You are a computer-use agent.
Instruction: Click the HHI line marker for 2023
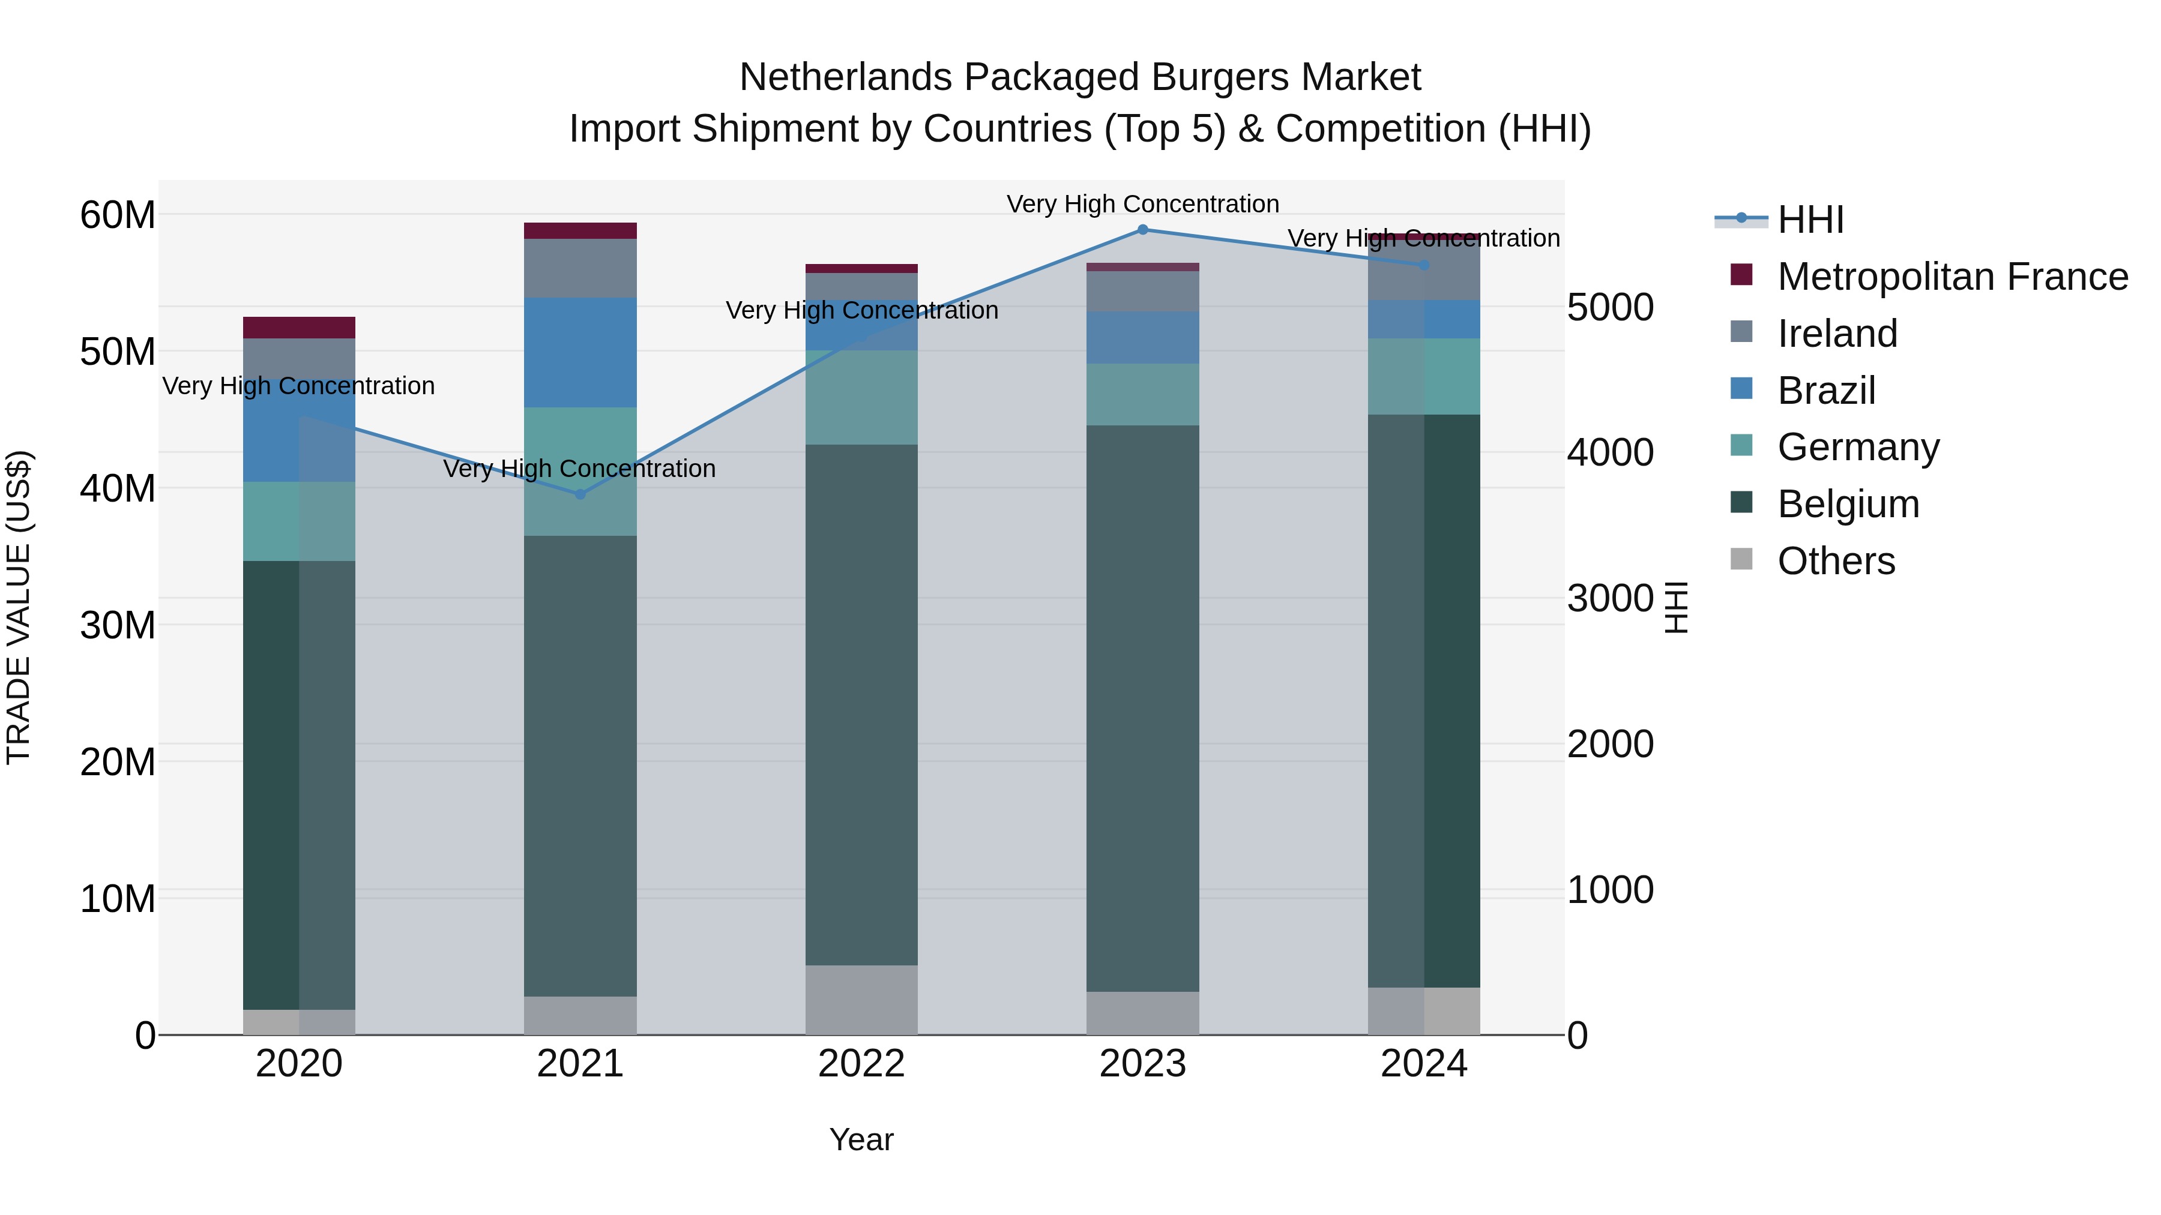point(1142,229)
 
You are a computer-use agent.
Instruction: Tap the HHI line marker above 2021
point(580,494)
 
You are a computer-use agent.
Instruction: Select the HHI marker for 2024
point(1424,265)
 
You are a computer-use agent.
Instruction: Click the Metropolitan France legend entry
point(1952,277)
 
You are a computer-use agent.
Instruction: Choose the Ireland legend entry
point(1837,334)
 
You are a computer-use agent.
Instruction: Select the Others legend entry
point(1836,561)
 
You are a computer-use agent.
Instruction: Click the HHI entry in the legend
point(1810,220)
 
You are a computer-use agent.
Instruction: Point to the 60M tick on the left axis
point(118,215)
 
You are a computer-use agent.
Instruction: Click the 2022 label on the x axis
point(861,1064)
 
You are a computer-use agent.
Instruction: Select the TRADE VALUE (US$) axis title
point(19,607)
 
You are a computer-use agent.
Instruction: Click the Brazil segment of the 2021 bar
point(580,352)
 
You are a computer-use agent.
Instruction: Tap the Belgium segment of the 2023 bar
point(1142,709)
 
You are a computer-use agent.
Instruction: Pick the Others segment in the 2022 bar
point(861,1000)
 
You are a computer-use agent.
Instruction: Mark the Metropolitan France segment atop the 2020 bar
point(299,328)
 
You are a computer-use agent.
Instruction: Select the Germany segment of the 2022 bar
point(861,397)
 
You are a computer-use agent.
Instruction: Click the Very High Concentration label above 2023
point(1142,204)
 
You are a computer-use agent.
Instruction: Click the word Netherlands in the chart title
point(845,77)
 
